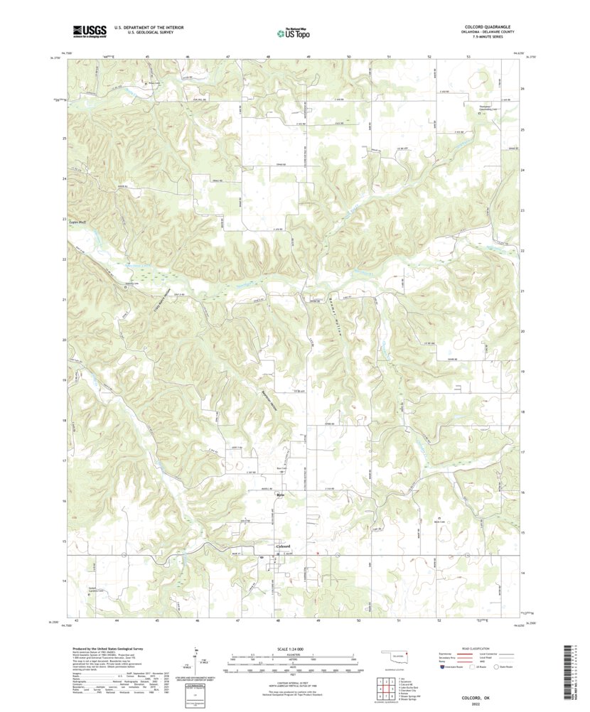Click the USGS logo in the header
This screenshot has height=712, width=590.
pos(89,31)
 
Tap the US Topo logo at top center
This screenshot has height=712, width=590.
pos(293,32)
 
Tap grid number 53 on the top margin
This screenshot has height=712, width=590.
pos(468,55)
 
